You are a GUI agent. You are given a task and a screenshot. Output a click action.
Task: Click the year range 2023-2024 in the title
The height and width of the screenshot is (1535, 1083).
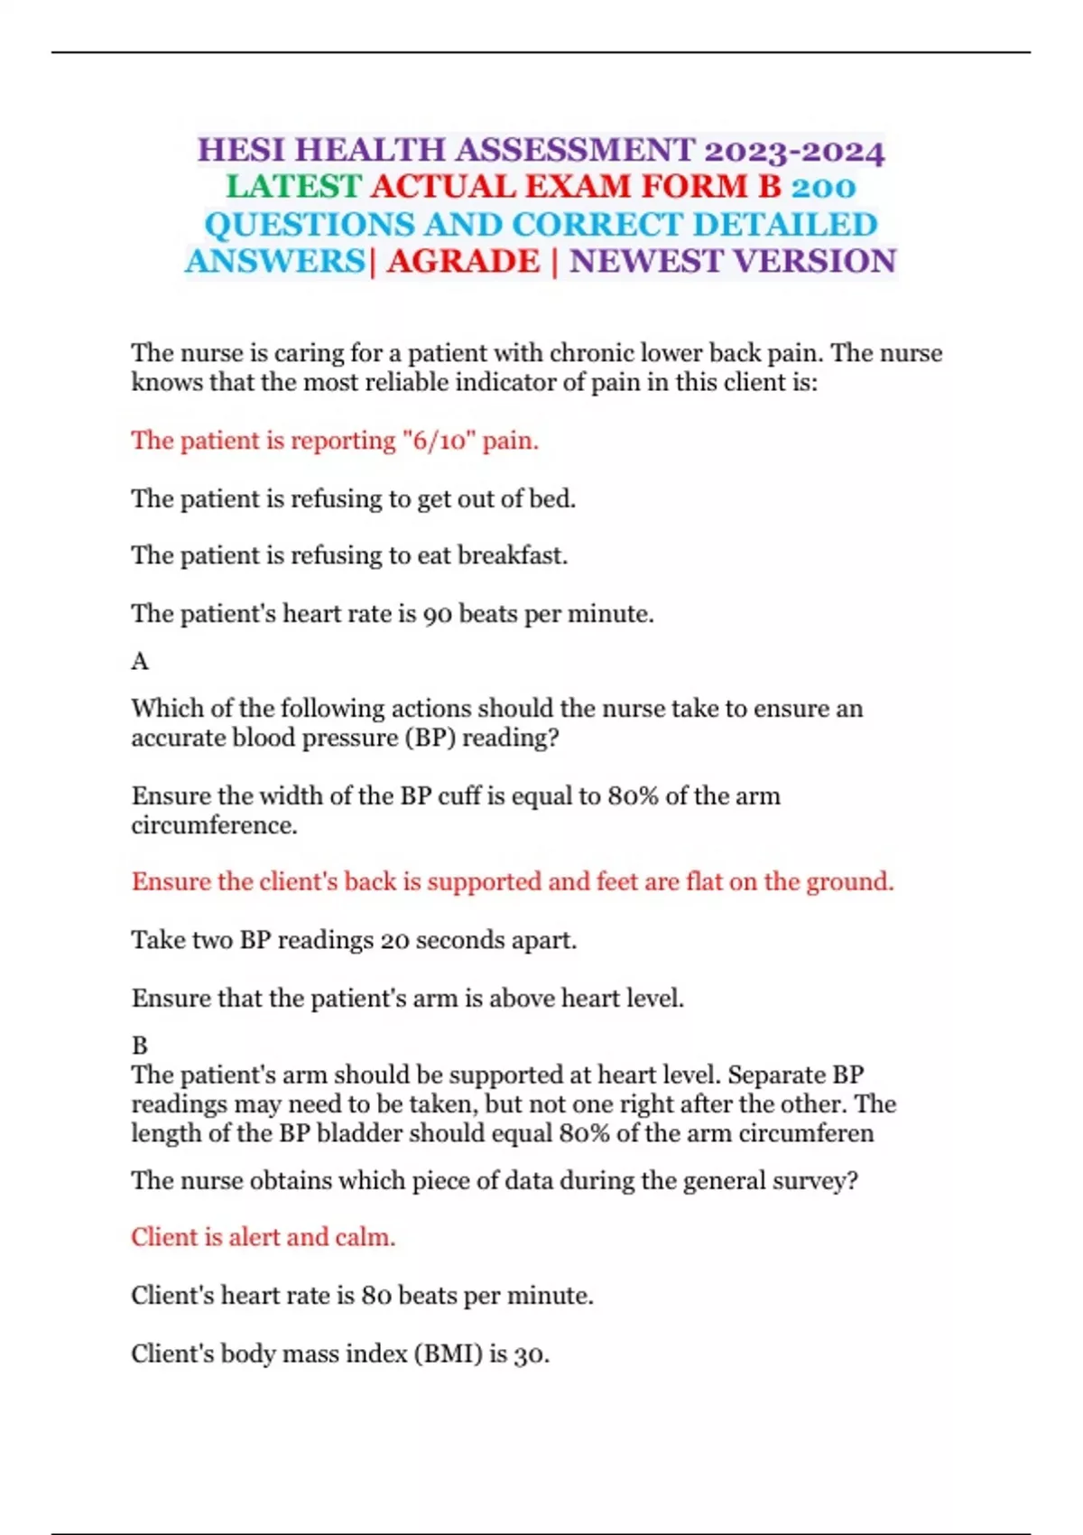point(794,151)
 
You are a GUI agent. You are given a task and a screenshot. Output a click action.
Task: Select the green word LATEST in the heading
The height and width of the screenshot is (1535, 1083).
point(293,187)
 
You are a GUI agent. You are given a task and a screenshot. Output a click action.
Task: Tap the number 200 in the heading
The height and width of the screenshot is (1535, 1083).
point(823,187)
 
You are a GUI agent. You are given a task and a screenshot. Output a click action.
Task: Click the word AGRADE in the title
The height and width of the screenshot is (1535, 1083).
point(463,262)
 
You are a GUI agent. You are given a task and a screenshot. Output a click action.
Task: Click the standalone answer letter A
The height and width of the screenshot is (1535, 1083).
point(139,662)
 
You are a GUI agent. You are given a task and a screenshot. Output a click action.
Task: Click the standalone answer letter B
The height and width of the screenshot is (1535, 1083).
point(139,1046)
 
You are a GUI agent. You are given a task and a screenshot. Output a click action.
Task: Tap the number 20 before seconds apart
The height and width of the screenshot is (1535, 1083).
point(394,941)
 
